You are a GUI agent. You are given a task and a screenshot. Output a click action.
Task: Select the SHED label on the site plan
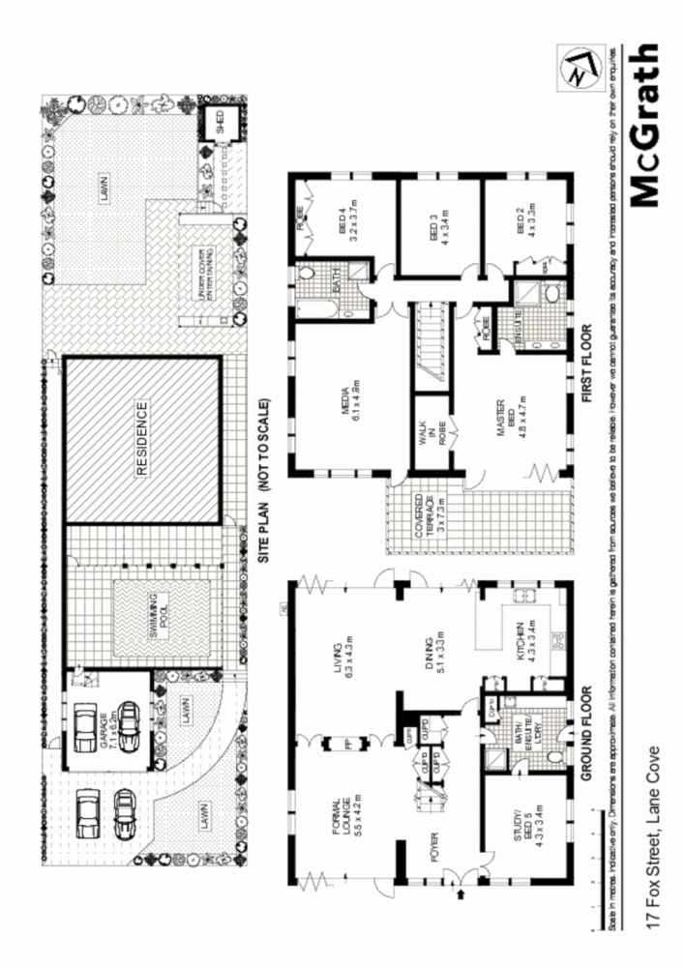[219, 123]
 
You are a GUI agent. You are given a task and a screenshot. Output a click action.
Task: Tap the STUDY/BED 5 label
[526, 820]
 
